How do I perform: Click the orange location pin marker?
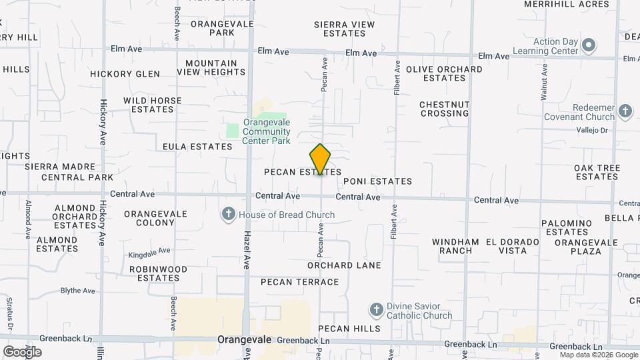tap(320, 159)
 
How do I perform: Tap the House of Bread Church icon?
tap(229, 214)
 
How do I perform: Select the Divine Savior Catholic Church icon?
tap(377, 310)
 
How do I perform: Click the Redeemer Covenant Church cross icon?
tap(625, 111)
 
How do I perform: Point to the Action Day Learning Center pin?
tap(588, 46)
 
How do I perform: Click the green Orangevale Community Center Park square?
tap(233, 131)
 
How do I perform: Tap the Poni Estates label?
tap(377, 181)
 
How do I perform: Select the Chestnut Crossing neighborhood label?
tap(444, 109)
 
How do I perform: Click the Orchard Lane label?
tap(344, 265)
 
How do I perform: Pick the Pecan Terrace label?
tap(300, 282)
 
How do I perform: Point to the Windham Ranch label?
tap(455, 246)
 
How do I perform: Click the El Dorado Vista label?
tap(512, 246)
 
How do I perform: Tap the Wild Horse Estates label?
tap(152, 105)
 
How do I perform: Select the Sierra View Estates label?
tap(345, 29)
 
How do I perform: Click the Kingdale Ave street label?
tap(149, 253)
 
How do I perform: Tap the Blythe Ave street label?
tap(78, 291)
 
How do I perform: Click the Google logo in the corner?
tap(22, 351)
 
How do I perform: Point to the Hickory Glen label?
tap(125, 74)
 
